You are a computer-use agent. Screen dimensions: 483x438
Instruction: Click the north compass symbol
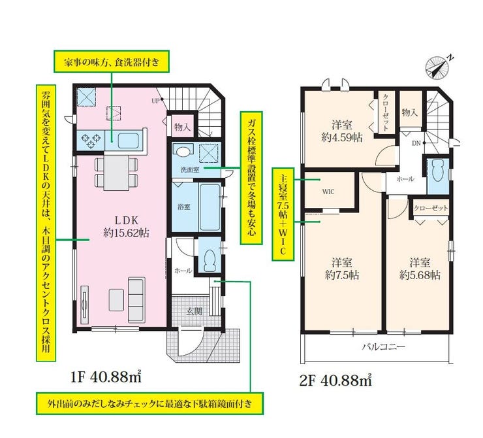click(x=437, y=66)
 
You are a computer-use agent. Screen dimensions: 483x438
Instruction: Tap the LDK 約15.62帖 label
click(x=126, y=226)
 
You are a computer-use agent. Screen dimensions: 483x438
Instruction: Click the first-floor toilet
click(x=210, y=258)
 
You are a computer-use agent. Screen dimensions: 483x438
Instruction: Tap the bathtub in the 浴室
click(x=210, y=207)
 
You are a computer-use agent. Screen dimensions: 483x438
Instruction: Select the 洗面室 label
click(x=189, y=169)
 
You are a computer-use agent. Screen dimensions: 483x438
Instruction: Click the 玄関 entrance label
click(x=194, y=311)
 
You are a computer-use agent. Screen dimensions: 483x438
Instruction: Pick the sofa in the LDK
click(x=136, y=299)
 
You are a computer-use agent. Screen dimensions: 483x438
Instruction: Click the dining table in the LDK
click(x=116, y=173)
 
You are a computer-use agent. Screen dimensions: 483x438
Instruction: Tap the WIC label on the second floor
click(x=328, y=192)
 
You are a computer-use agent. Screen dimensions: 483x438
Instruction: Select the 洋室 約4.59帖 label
click(x=342, y=131)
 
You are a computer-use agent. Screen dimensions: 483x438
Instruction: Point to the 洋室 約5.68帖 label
click(x=420, y=269)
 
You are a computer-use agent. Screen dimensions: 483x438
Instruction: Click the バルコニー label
click(x=383, y=346)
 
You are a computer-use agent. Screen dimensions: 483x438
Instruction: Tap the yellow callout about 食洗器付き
click(x=112, y=61)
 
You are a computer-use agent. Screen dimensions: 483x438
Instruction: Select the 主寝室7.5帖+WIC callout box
click(x=283, y=214)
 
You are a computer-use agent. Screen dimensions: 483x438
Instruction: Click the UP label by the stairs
click(x=155, y=101)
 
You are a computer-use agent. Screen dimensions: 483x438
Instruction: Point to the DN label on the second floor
click(x=416, y=143)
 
